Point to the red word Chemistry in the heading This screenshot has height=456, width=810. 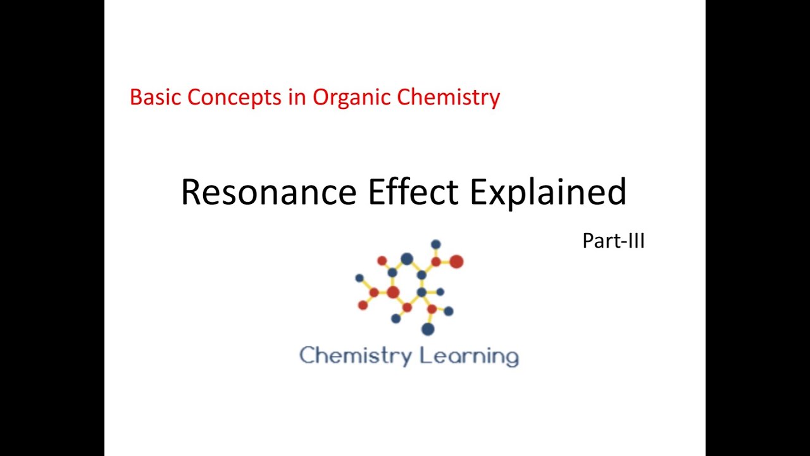(x=449, y=98)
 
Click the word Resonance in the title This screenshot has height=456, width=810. (x=268, y=191)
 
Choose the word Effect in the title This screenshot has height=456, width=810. (x=413, y=191)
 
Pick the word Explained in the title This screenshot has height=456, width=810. (x=548, y=191)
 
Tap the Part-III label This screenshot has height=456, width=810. (x=613, y=241)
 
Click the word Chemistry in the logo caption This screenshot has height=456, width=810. (x=355, y=355)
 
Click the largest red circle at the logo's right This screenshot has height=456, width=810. (x=456, y=261)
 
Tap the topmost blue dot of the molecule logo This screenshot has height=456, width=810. (x=435, y=244)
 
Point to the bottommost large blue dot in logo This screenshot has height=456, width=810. (x=428, y=329)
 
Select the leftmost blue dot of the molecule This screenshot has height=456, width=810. (x=359, y=278)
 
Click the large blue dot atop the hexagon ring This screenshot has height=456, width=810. (x=407, y=258)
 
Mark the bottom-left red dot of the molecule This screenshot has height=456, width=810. (x=363, y=305)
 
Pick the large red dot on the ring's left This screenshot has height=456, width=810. (x=393, y=292)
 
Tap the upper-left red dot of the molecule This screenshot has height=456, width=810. (x=382, y=260)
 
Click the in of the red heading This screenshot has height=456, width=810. (x=300, y=98)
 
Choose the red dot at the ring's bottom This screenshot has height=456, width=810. (x=407, y=307)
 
